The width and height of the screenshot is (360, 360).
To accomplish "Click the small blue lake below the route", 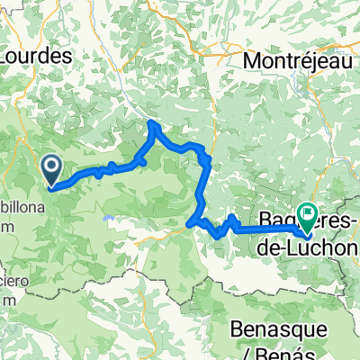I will tap(109, 217).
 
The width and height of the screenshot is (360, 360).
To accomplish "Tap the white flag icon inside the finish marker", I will tap(309, 213).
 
